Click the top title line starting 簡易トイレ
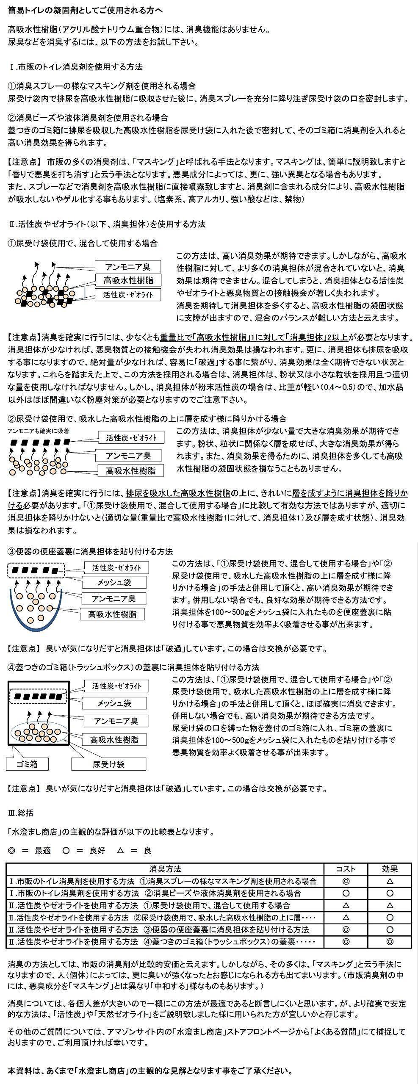[85, 9]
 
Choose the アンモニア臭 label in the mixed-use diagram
[127, 267]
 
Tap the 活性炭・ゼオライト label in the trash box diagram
[116, 686]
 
